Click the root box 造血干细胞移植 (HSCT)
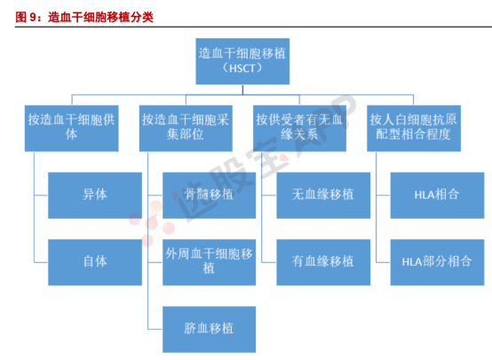[242, 61]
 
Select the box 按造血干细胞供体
[72, 128]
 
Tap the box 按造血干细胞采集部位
[186, 128]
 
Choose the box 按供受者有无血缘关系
[299, 128]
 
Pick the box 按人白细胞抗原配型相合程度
[414, 128]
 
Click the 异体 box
[95, 196]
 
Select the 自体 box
[95, 262]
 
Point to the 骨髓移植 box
[209, 196]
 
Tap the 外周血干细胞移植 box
[209, 262]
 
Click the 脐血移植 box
[209, 329]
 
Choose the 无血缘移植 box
[323, 196]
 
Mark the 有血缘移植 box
[323, 262]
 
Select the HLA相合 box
[437, 196]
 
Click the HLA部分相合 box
[437, 262]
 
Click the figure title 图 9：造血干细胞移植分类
[84, 17]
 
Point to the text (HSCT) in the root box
[242, 68]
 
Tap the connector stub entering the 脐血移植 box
[155, 329]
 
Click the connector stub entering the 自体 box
[41, 262]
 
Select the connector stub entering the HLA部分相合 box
[383, 262]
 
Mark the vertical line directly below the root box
[242, 89]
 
